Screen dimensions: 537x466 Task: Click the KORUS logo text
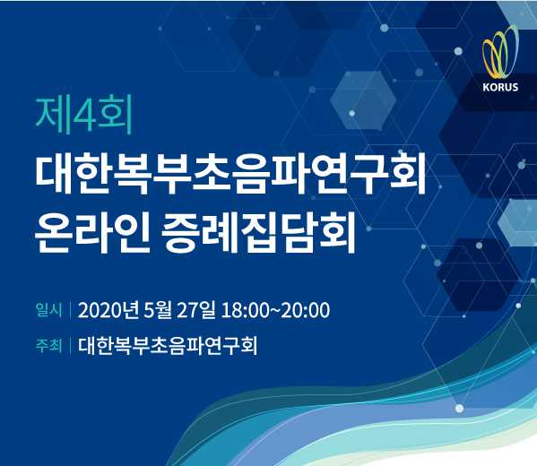(x=500, y=87)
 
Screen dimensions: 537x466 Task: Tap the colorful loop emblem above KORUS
(x=500, y=52)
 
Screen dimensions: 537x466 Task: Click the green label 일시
(x=48, y=310)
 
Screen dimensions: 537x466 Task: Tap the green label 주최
(x=48, y=345)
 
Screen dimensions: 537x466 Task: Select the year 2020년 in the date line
(x=108, y=310)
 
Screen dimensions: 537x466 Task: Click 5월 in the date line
(x=157, y=310)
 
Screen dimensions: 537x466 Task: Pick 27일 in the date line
(x=196, y=310)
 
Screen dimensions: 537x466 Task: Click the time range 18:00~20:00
(x=275, y=310)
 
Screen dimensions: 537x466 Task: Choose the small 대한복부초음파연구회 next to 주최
(x=168, y=345)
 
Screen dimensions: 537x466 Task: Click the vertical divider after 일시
(x=70, y=310)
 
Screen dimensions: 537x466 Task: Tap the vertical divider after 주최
(x=70, y=345)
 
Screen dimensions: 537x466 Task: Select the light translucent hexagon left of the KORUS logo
(x=363, y=100)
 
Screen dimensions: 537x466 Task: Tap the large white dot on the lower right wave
(x=459, y=408)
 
